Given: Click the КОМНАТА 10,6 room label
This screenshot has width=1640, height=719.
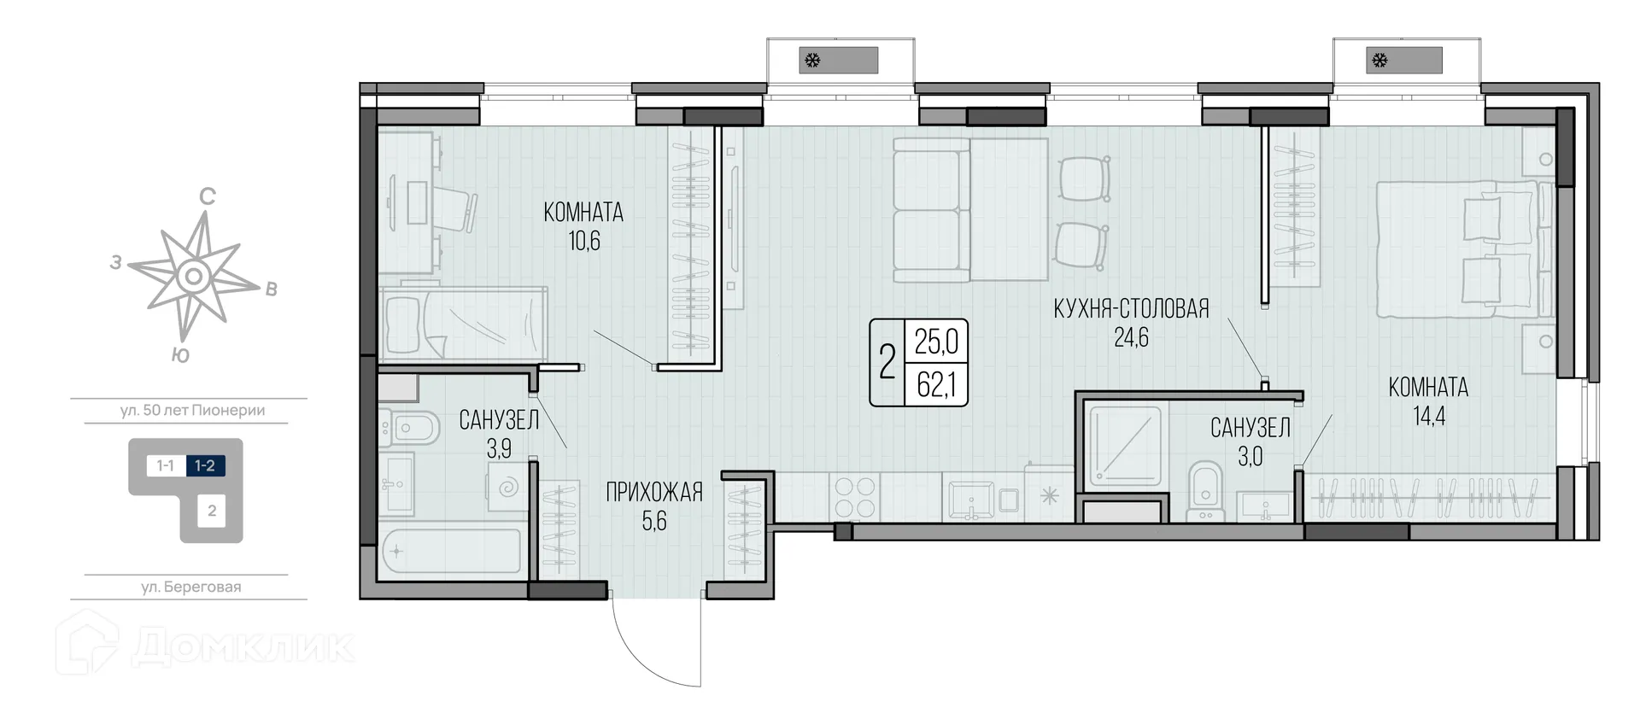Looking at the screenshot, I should click(x=583, y=225).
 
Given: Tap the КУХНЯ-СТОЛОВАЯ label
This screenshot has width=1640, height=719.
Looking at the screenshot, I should click(x=1131, y=309).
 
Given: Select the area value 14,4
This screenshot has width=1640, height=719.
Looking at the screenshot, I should click(x=1428, y=417).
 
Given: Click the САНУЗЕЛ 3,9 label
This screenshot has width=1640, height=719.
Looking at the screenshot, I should click(x=499, y=433).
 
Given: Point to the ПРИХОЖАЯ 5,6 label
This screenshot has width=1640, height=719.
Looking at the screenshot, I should click(x=654, y=506).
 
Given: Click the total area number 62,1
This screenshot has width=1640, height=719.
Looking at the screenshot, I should click(x=936, y=386).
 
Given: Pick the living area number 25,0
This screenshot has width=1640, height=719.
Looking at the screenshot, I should click(x=936, y=342).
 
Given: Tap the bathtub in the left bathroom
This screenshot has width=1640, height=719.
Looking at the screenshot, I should click(x=450, y=551).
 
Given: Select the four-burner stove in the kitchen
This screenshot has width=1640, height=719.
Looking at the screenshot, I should click(x=855, y=497).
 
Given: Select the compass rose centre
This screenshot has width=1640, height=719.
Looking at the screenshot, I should click(x=194, y=276).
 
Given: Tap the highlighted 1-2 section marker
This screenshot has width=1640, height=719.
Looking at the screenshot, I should click(x=205, y=465).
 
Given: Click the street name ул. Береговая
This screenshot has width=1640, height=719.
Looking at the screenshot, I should click(x=190, y=587).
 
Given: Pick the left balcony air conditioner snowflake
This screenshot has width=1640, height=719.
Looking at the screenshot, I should click(x=813, y=61).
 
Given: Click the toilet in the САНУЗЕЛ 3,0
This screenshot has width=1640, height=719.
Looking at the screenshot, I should click(x=1205, y=487).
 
